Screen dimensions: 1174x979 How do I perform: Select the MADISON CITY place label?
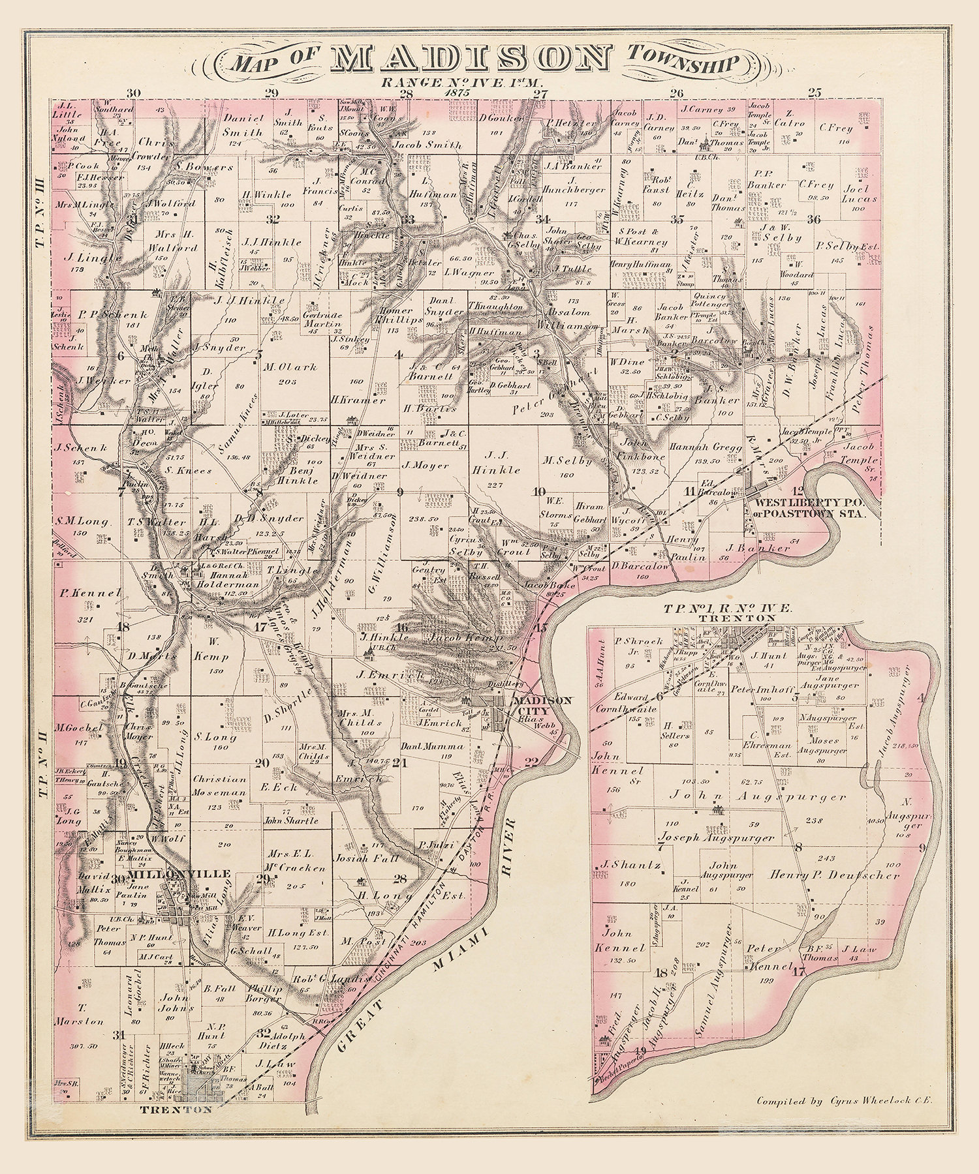point(542,704)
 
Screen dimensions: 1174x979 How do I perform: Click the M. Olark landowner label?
point(290,367)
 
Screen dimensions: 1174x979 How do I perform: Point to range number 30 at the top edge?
point(134,93)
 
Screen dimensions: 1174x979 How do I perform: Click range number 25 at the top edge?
point(814,93)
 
